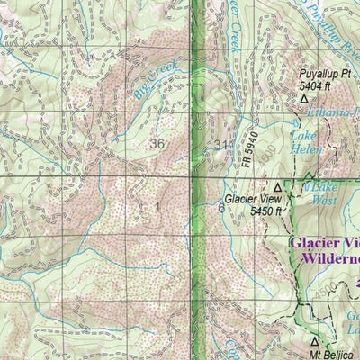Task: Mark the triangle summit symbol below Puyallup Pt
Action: coord(303,99)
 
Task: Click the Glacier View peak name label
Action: coord(247,199)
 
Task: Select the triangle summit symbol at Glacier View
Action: coord(277,187)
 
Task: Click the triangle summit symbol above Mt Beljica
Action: coord(314,342)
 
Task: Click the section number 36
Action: coord(158,143)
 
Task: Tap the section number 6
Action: coord(221,207)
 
